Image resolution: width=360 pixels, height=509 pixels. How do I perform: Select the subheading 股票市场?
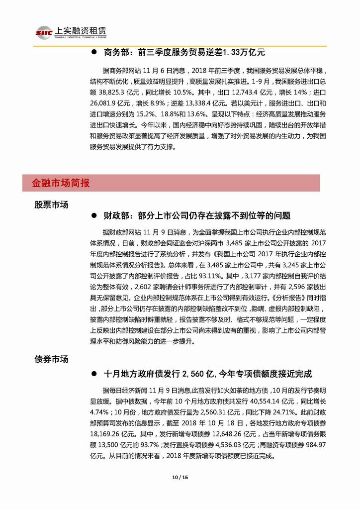tap(51, 204)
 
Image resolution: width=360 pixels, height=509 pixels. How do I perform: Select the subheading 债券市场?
tap(51, 359)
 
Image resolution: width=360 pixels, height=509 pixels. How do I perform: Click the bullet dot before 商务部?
tap(93, 53)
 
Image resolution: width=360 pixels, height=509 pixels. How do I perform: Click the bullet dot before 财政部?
tap(93, 216)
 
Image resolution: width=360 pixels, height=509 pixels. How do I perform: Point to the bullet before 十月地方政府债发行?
tap(93, 374)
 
